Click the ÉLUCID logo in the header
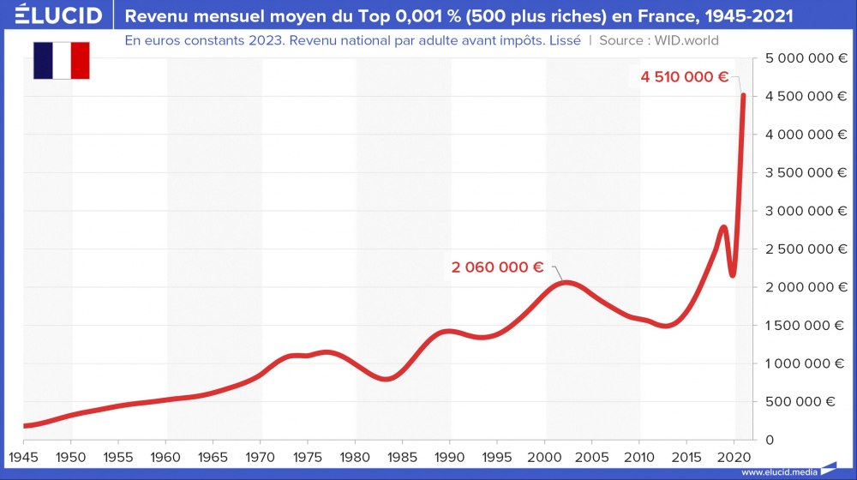52,15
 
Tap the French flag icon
62,60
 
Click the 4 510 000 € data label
684,77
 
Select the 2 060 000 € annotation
497,267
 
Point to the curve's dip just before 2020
733,274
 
